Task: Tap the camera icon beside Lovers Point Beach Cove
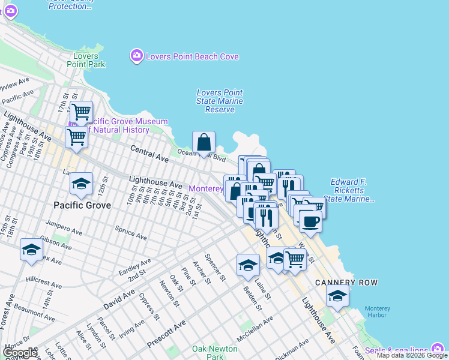pos(136,56)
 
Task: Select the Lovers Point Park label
pos(85,60)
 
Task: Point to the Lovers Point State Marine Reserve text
pos(220,101)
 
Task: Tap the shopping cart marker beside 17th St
pos(81,112)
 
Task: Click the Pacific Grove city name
pos(82,205)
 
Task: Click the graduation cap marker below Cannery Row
pos(337,296)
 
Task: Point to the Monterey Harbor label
pos(377,312)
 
